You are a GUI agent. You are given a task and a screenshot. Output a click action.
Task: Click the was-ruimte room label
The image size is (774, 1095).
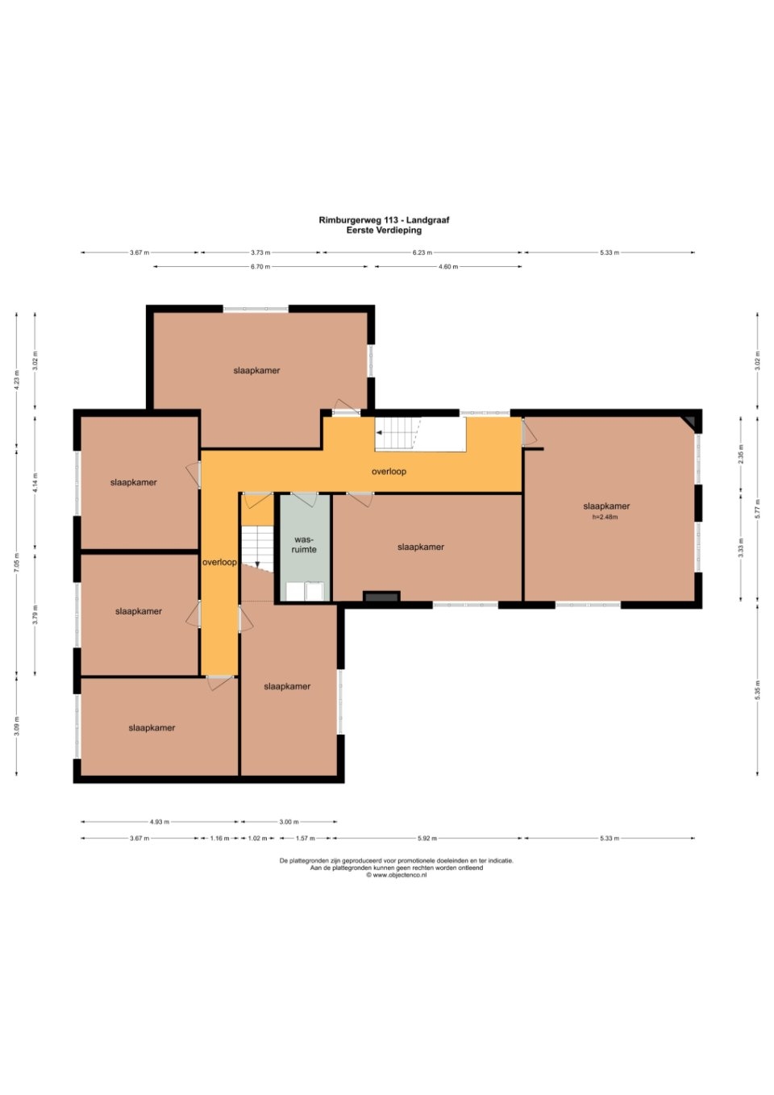(304, 544)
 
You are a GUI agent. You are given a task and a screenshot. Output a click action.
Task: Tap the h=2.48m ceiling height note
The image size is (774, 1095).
(605, 517)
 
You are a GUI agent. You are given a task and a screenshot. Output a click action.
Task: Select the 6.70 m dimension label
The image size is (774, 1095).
(260, 266)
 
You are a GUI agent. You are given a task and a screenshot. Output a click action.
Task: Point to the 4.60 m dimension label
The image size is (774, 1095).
(448, 266)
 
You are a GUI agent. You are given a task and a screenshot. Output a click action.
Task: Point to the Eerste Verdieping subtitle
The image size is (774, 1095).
(384, 231)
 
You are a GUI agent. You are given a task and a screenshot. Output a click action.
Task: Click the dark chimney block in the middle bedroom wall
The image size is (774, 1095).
(381, 597)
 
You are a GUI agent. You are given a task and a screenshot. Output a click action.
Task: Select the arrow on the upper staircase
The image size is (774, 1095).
(395, 433)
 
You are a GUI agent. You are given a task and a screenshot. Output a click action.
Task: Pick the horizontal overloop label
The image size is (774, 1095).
(389, 472)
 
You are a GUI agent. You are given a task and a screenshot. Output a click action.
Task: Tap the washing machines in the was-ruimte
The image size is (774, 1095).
(305, 591)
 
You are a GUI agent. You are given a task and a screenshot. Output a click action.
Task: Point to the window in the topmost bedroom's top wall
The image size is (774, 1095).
(256, 309)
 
